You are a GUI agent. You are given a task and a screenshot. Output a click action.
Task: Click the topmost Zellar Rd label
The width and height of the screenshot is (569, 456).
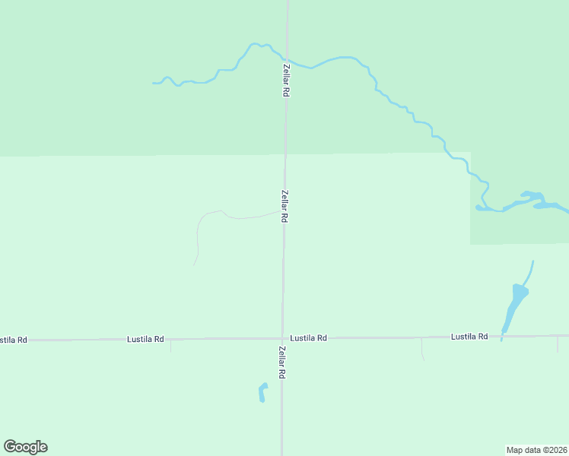pyautogui.click(x=286, y=79)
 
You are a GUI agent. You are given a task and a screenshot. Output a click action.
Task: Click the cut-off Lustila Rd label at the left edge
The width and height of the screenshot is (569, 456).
pyautogui.click(x=13, y=340)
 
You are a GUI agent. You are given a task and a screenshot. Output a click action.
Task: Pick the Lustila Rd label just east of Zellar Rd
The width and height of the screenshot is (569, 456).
pyautogui.click(x=309, y=337)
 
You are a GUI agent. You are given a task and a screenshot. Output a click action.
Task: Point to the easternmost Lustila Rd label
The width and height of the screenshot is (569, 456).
pyautogui.click(x=469, y=336)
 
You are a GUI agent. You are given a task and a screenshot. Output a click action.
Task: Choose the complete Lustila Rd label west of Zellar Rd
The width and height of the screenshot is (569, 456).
pyautogui.click(x=145, y=339)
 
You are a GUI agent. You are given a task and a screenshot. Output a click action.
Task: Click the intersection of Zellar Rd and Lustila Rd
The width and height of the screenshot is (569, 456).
pyautogui.click(x=283, y=338)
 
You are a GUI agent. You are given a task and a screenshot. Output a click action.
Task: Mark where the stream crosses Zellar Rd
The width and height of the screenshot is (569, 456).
pyautogui.click(x=287, y=59)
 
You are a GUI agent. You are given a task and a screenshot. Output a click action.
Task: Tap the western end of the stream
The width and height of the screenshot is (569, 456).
pyautogui.click(x=154, y=83)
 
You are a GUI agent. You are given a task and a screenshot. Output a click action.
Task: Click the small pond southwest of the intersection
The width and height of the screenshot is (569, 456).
pyautogui.click(x=262, y=393)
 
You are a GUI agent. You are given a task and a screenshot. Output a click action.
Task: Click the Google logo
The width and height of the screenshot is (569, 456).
pyautogui.click(x=25, y=447)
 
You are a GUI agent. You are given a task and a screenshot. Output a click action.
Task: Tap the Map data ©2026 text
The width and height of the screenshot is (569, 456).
pyautogui.click(x=537, y=449)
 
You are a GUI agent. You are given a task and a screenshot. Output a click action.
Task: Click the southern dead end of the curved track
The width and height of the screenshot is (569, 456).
pyautogui.click(x=194, y=265)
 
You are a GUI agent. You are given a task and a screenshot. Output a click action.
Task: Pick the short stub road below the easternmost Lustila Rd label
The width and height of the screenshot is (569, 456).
pyautogui.click(x=422, y=349)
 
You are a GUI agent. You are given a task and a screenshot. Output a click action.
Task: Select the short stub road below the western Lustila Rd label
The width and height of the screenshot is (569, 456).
pyautogui.click(x=170, y=347)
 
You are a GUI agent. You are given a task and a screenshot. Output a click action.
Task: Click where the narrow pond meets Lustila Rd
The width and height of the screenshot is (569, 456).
pyautogui.click(x=502, y=335)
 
